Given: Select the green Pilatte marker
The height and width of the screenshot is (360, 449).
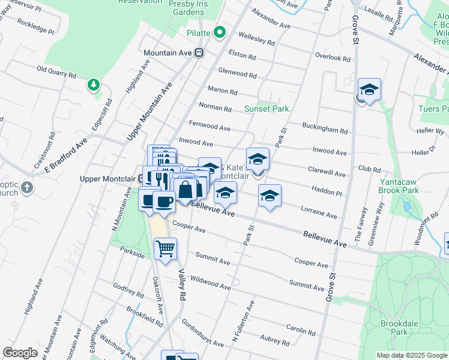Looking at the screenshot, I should tap(219, 32).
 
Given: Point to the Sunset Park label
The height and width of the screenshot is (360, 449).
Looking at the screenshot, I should tap(267, 109).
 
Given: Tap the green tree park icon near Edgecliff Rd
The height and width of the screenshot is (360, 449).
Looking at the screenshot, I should tap(93, 85).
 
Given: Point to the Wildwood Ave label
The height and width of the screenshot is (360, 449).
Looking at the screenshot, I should tap(209, 283).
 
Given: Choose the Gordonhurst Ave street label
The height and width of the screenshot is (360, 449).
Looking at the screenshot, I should tap(202, 333).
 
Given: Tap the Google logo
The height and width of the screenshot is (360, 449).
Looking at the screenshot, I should tap(20, 353).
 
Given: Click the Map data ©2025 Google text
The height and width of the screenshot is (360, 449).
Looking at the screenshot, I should tap(411, 355).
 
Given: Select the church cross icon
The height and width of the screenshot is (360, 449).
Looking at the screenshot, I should tap(26, 188).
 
